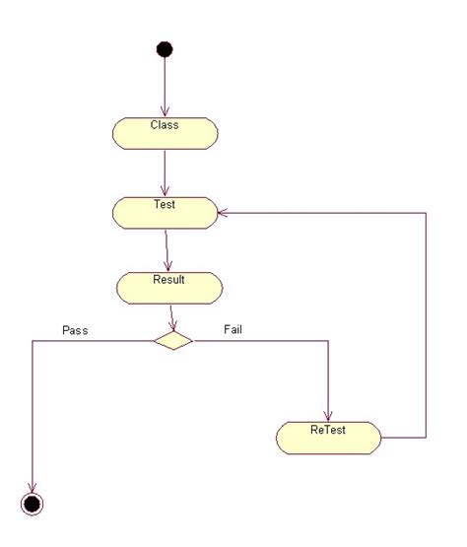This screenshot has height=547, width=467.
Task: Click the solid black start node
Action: (x=165, y=49)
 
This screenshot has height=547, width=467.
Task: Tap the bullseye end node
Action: (x=33, y=504)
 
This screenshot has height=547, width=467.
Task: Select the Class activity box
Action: (x=165, y=132)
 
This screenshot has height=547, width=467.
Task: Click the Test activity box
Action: (x=165, y=212)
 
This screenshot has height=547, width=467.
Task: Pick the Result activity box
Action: (x=168, y=287)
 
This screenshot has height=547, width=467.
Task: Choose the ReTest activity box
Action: (x=328, y=437)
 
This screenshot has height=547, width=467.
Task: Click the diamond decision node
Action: (x=173, y=341)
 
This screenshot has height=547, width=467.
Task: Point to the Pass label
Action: (x=75, y=330)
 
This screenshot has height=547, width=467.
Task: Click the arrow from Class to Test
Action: (x=165, y=171)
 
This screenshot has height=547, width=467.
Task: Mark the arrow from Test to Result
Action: (x=167, y=249)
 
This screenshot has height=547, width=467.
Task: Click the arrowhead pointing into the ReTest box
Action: (x=328, y=416)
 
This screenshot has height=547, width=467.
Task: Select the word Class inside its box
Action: (x=165, y=125)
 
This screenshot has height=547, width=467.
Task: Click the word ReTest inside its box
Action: (x=328, y=430)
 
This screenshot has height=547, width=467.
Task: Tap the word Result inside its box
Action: (x=168, y=280)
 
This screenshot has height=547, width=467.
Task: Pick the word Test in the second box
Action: (x=165, y=205)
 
